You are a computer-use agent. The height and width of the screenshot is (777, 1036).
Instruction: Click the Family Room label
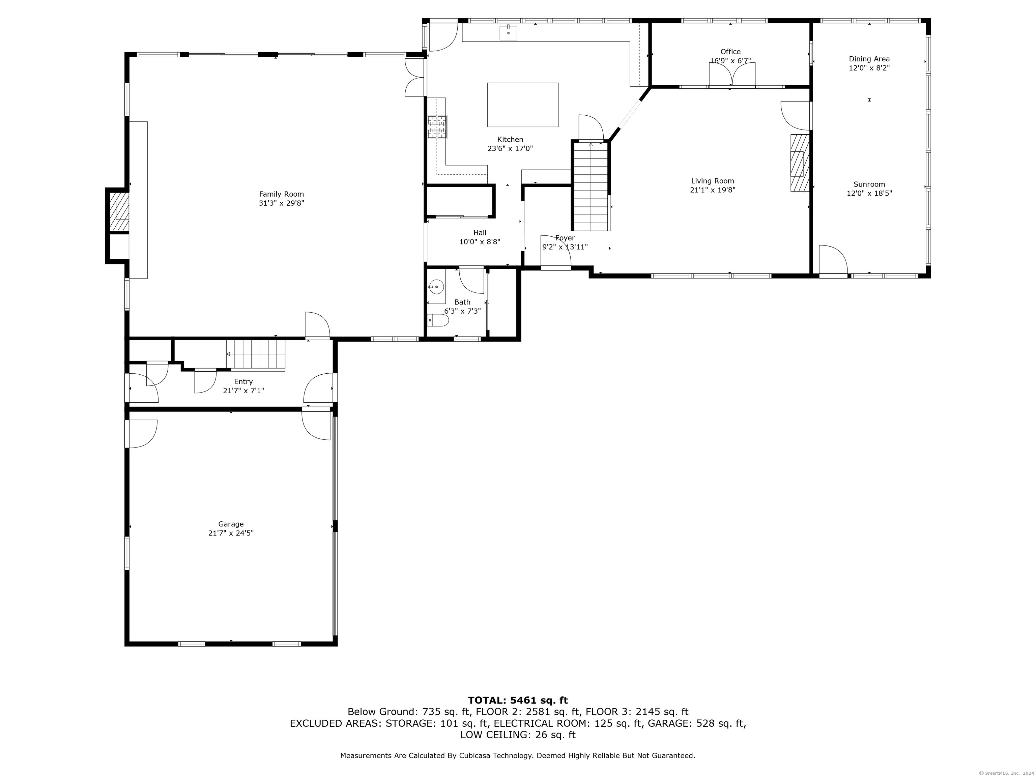tap(282, 194)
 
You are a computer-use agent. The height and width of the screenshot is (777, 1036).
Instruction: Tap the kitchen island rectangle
tap(523, 105)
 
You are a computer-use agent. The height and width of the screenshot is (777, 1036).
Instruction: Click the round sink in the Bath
tap(436, 286)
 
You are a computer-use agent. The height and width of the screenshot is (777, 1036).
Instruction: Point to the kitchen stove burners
tap(437, 127)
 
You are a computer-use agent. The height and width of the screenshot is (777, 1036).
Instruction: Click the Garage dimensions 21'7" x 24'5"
tap(231, 533)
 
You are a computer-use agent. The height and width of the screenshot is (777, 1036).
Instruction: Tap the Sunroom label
tap(869, 184)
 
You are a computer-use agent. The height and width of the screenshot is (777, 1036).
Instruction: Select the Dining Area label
tap(869, 59)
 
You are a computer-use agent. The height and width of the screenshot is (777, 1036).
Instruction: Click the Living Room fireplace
tap(800, 163)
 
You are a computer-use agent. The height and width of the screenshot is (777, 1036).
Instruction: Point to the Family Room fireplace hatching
tap(119, 212)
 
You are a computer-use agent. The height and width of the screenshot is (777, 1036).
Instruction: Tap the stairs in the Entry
tap(256, 355)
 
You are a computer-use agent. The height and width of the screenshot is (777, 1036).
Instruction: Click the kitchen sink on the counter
tap(508, 33)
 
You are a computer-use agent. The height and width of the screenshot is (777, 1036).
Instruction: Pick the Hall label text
tap(480, 233)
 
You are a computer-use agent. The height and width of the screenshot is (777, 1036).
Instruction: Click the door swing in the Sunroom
tap(833, 259)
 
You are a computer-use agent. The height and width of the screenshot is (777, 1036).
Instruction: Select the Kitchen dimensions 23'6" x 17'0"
tap(510, 148)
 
